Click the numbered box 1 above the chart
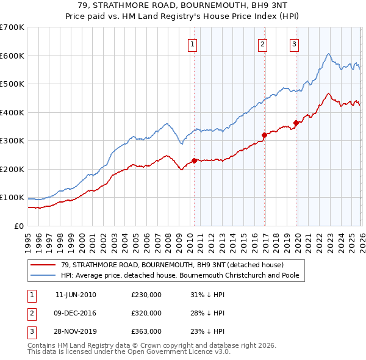pyautogui.click(x=193, y=43)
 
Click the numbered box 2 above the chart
pyautogui.click(x=262, y=43)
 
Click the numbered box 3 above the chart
pyautogui.click(x=294, y=43)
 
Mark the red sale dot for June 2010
pyautogui.click(x=194, y=160)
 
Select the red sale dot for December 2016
pyautogui.click(x=264, y=135)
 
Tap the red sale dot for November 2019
pyautogui.click(x=296, y=123)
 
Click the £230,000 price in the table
pyautogui.click(x=146, y=295)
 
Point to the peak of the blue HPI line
pyautogui.click(x=328, y=54)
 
